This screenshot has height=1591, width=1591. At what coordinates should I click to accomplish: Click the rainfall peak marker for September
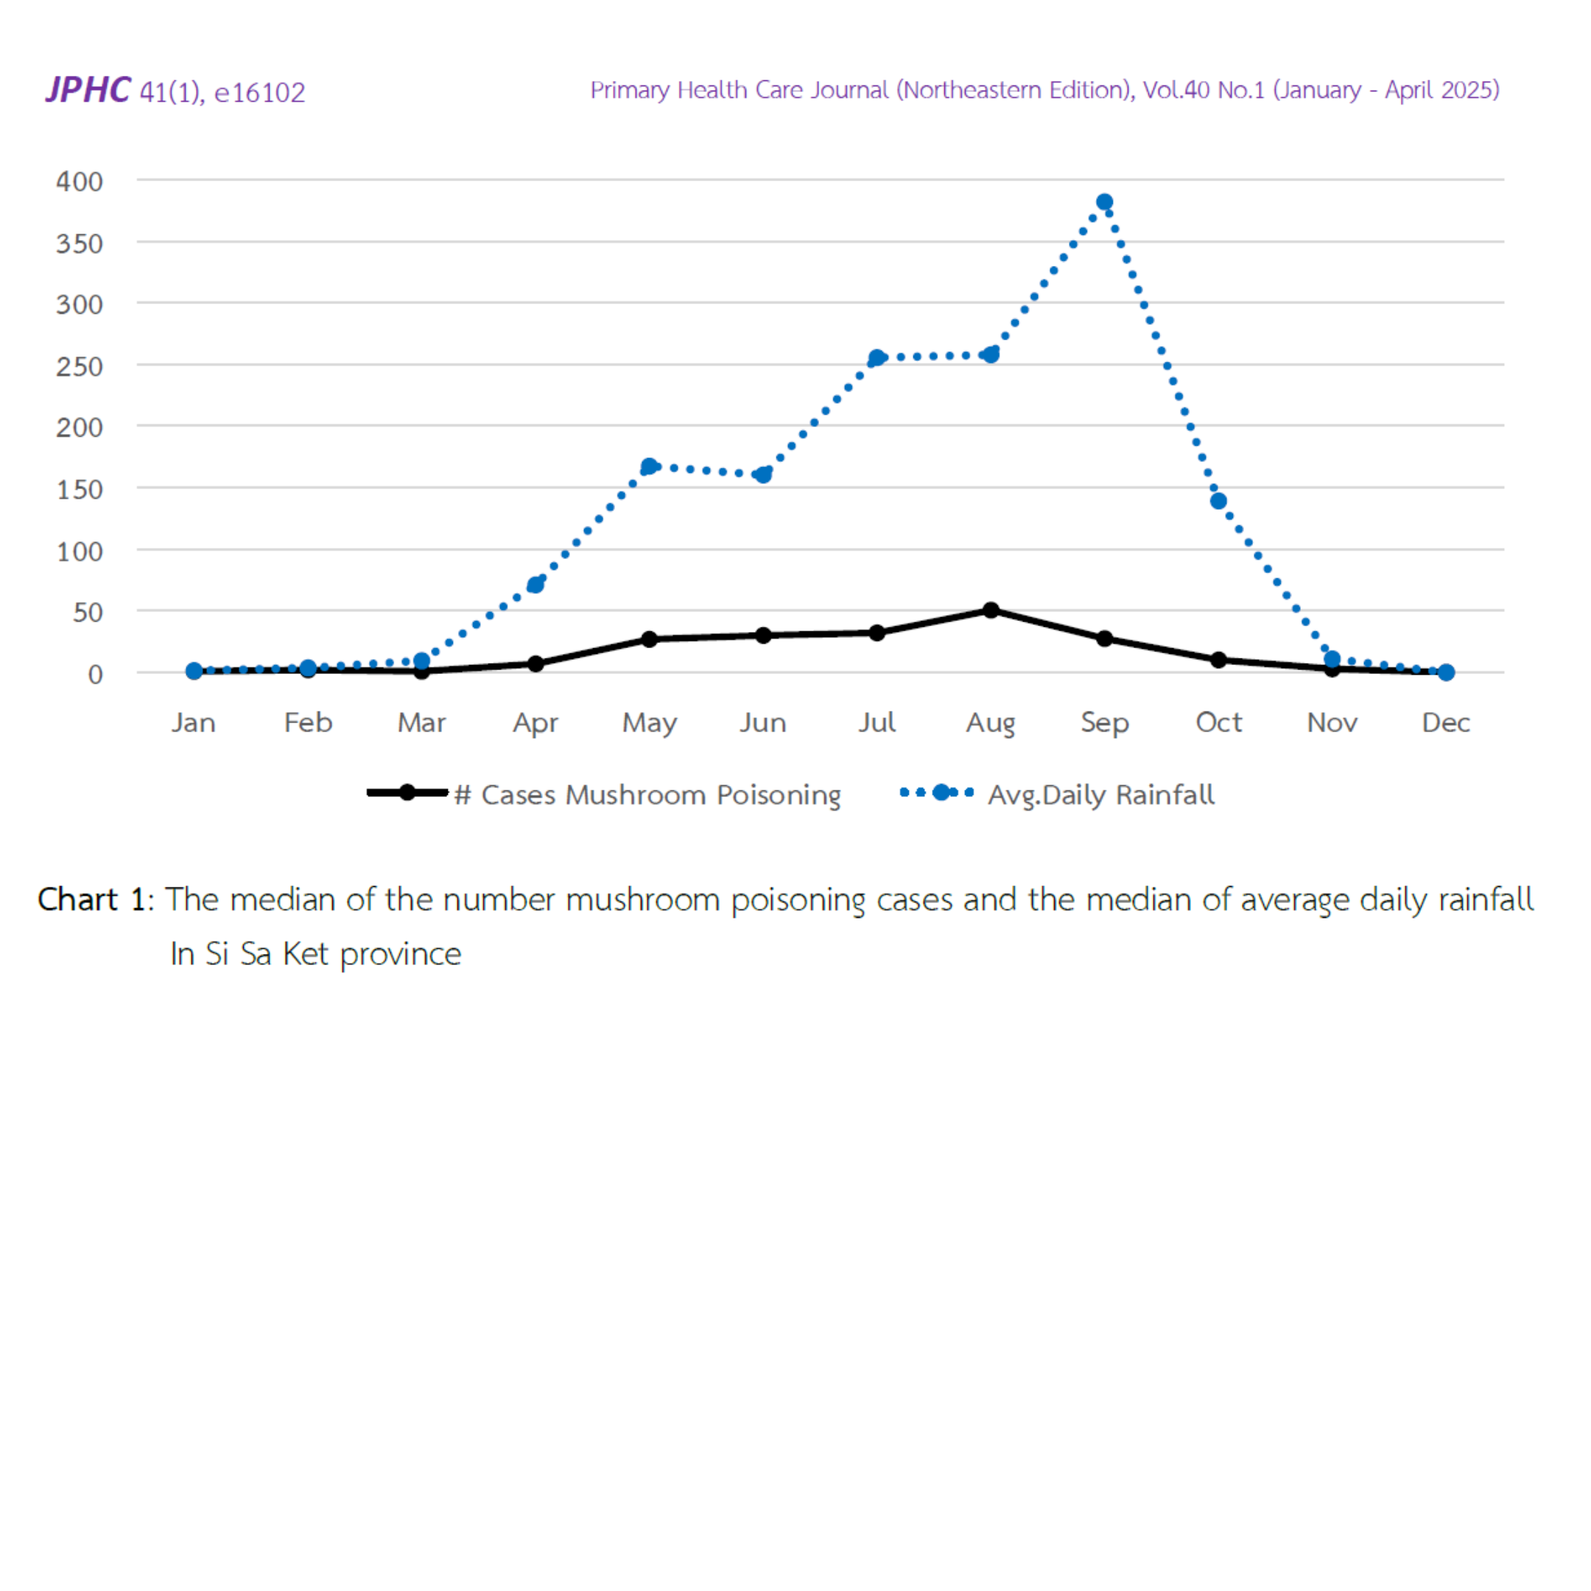click(1104, 203)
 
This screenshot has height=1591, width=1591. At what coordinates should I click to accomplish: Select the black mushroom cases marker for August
click(991, 610)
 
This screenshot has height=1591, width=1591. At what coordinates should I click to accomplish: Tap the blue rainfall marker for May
click(649, 467)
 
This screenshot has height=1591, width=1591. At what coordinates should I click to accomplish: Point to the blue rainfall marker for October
click(1218, 501)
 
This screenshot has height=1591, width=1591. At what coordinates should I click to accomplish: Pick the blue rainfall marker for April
click(535, 585)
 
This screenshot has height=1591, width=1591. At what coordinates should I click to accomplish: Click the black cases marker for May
click(649, 639)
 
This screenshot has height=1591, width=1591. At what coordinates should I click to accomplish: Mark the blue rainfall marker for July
click(877, 358)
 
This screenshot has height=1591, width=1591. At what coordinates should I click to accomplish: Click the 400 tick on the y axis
click(79, 181)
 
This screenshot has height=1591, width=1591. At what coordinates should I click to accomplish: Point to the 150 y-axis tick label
click(79, 490)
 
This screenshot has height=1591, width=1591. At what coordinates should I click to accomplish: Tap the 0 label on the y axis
click(96, 675)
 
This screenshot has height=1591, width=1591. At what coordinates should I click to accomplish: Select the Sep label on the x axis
click(1104, 722)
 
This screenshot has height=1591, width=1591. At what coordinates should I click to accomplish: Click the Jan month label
click(194, 722)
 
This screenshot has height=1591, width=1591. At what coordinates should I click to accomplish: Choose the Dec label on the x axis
click(1445, 722)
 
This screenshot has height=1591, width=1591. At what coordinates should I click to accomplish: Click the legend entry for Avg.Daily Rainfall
click(1100, 795)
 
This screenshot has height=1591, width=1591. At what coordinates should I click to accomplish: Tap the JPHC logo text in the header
click(88, 90)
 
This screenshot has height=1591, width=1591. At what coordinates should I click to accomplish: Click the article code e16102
click(259, 92)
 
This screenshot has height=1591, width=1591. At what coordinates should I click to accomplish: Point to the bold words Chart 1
click(91, 899)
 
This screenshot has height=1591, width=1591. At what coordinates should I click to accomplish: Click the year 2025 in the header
click(1467, 90)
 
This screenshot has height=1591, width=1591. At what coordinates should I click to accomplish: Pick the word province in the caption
click(400, 954)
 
